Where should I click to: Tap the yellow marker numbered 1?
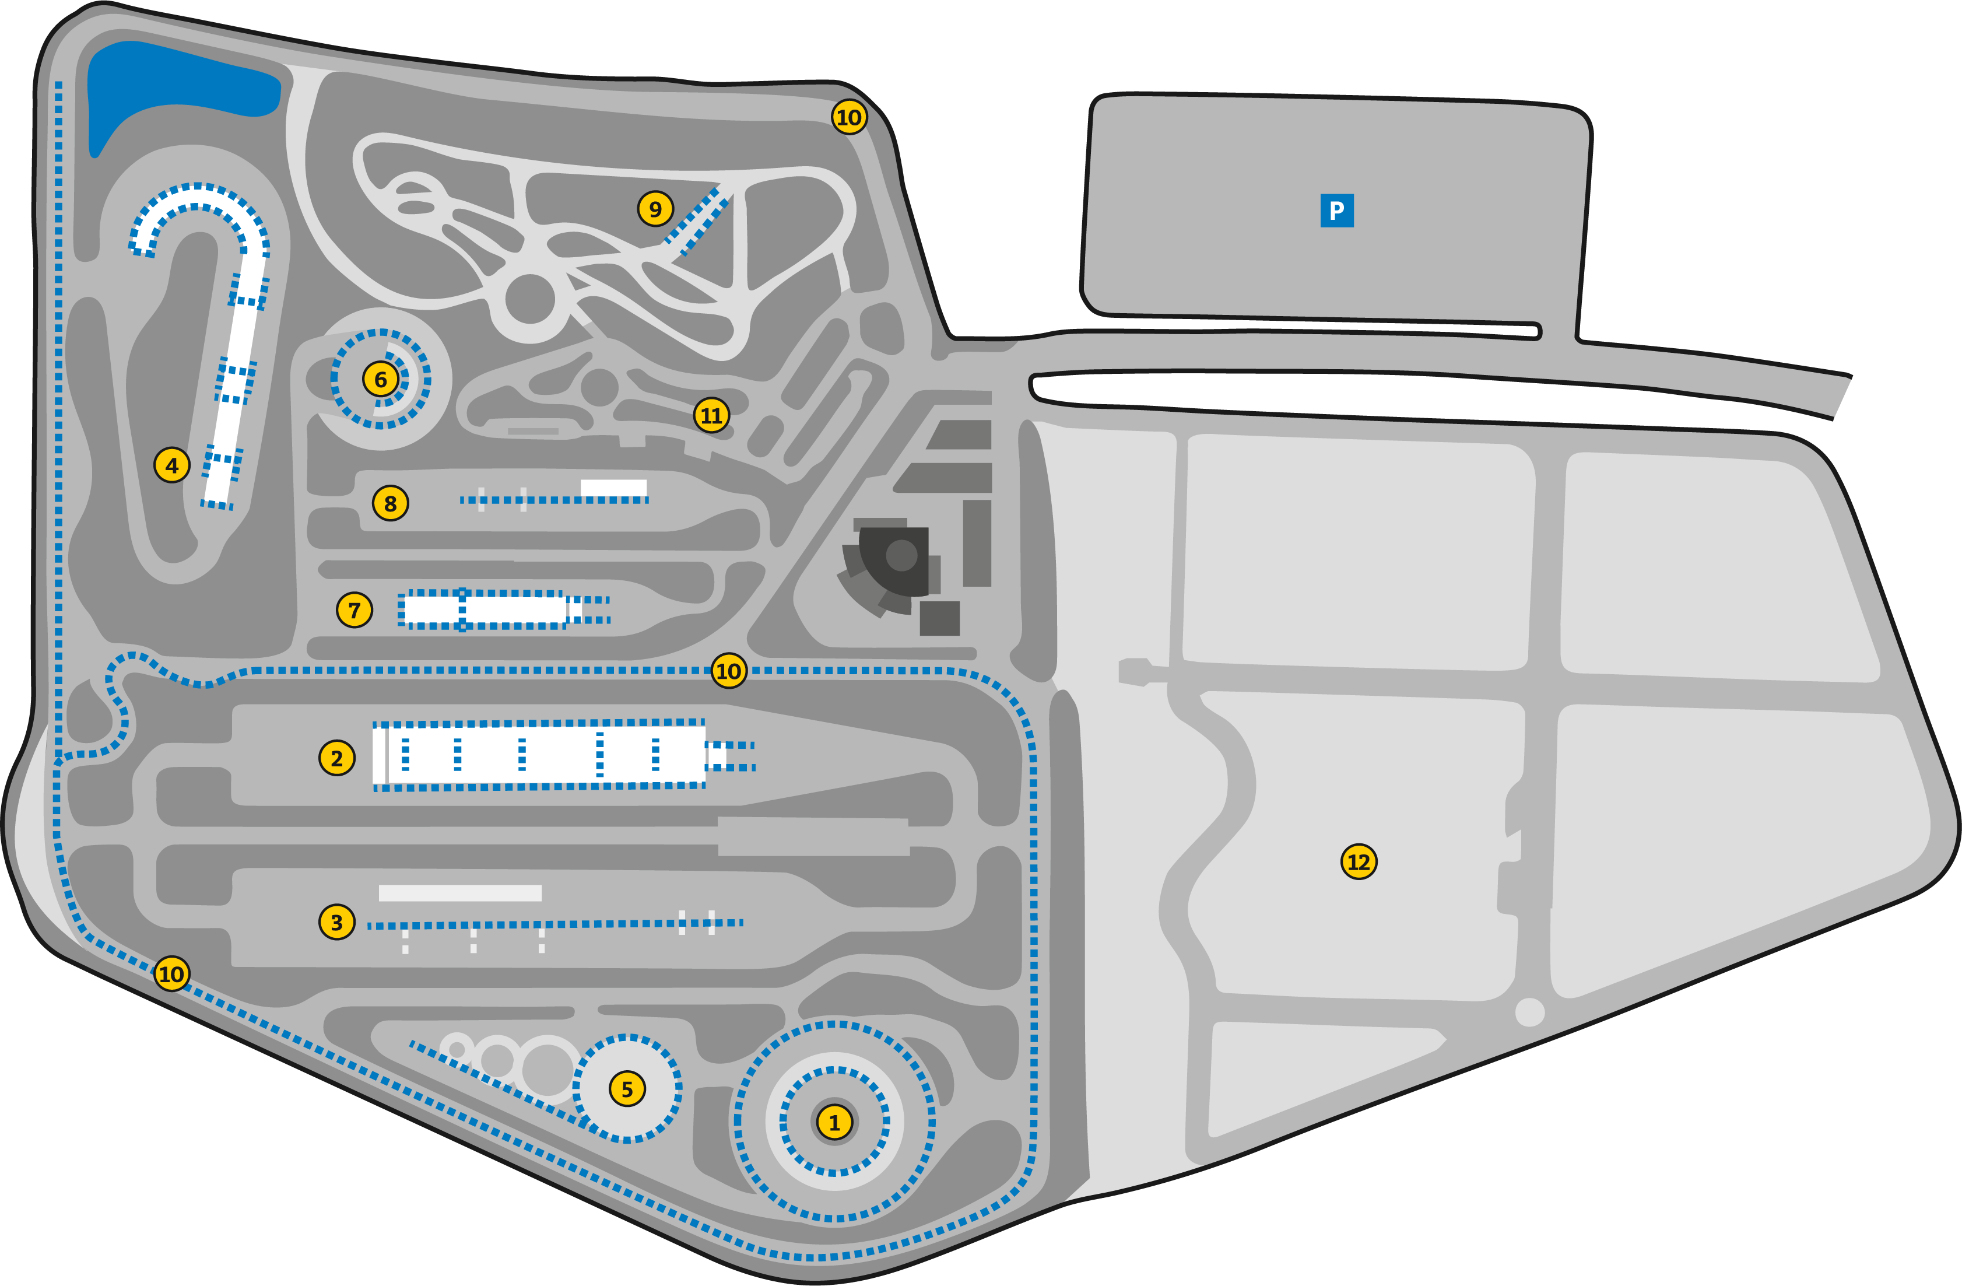[x=834, y=1122]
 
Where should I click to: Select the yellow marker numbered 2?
[x=336, y=758]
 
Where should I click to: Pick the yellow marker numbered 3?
[x=336, y=921]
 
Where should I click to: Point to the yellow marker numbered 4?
[x=171, y=465]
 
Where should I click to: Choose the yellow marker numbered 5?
[x=627, y=1089]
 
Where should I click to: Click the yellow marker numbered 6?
[x=380, y=379]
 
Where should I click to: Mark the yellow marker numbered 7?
[x=355, y=610]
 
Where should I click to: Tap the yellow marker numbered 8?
[x=390, y=503]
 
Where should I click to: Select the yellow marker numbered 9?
[x=655, y=209]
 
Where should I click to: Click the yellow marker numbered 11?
[x=711, y=415]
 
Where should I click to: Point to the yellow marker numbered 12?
[x=1359, y=861]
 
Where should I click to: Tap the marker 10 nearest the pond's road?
[x=848, y=117]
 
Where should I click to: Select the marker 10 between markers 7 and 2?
[x=728, y=670]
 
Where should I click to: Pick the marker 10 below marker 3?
[x=171, y=973]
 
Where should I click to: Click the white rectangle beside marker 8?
[x=613, y=488]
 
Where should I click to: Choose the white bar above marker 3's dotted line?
[x=460, y=893]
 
